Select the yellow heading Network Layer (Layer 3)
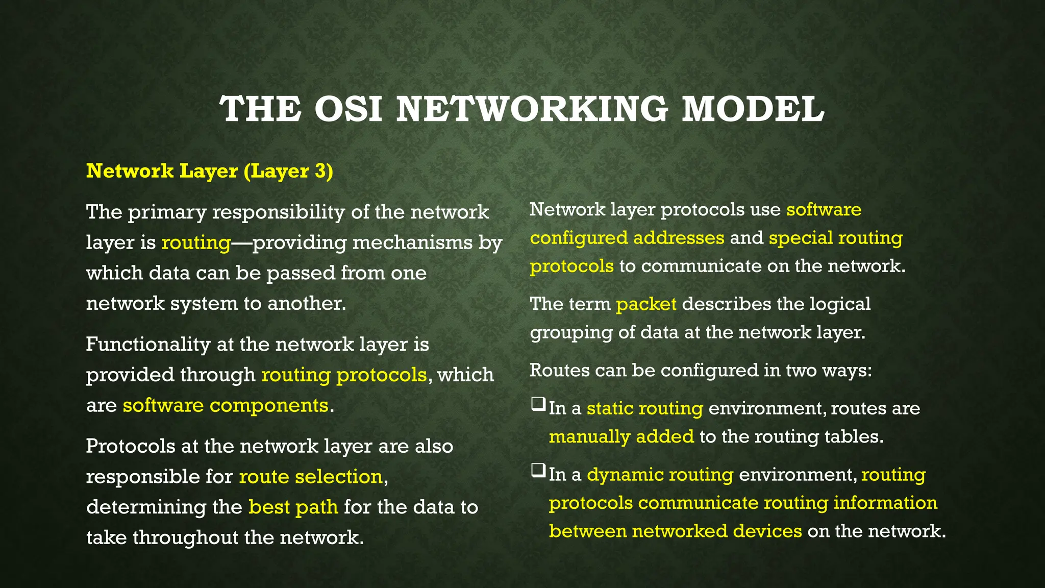[210, 171]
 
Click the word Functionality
[148, 345]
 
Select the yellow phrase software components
[226, 405]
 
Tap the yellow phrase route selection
[311, 477]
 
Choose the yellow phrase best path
[293, 507]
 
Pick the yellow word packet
[646, 304]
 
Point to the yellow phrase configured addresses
[627, 238]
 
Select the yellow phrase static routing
[645, 408]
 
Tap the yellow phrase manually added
[621, 437]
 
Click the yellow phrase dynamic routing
[660, 475]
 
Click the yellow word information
[885, 503]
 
